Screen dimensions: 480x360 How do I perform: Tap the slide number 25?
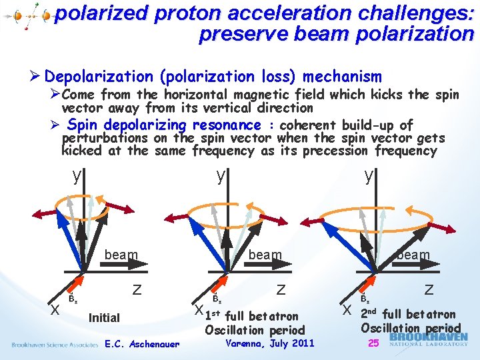pos(373,343)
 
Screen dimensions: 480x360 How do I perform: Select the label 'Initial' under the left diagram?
pos(104,318)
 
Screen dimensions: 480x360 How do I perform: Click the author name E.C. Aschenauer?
pos(142,345)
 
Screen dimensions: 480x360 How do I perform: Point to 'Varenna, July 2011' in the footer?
pos(270,344)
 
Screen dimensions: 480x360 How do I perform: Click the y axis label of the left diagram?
pos(78,175)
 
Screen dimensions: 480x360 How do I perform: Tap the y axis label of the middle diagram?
pos(221,175)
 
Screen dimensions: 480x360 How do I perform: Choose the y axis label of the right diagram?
pos(368,175)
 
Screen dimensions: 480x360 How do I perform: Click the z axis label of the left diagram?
pos(137,289)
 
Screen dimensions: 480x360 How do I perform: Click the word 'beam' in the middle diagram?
pos(265,255)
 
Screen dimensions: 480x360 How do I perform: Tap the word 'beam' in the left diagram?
pos(121,255)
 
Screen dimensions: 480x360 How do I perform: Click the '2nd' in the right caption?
pos(369,314)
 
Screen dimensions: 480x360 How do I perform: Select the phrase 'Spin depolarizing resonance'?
pos(164,125)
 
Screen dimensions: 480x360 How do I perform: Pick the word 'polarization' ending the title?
pos(414,34)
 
